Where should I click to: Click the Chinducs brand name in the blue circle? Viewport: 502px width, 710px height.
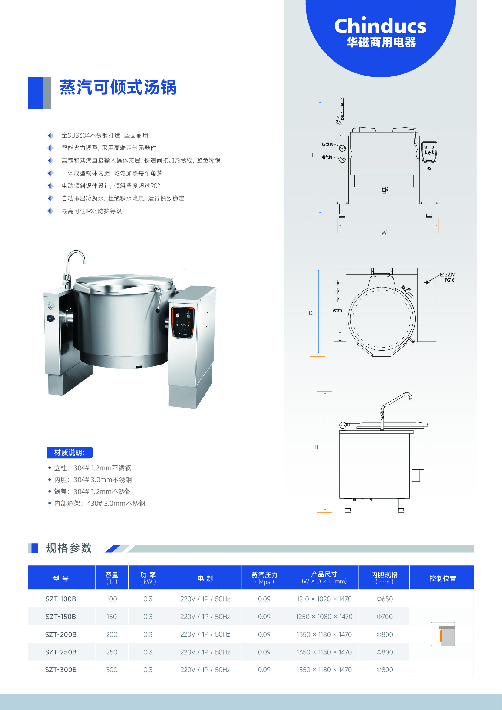coord(380,26)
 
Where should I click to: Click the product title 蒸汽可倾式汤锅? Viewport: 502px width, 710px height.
coord(118,87)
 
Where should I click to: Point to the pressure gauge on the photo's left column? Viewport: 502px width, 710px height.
coord(51,306)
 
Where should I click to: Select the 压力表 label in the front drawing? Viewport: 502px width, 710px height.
coord(327,144)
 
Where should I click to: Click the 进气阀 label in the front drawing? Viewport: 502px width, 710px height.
coord(327,157)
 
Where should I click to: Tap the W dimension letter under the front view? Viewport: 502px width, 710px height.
coord(384,233)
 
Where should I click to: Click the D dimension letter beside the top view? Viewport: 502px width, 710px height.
coord(311,313)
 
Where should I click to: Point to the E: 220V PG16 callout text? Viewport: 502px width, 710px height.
coord(448,277)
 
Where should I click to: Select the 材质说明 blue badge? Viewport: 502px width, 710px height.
coord(70,452)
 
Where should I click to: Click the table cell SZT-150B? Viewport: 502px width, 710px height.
coord(61,617)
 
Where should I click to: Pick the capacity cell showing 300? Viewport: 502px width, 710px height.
coord(112,670)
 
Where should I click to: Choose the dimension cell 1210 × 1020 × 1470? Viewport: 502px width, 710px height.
coord(324,599)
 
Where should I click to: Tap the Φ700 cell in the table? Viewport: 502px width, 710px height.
coord(385,617)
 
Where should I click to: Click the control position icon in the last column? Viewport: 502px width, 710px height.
coord(443,634)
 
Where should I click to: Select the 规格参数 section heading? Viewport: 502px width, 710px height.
coord(69,548)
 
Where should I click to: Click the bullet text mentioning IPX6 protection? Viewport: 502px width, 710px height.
coord(91,211)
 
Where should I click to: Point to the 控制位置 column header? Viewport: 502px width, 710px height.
coord(443,578)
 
